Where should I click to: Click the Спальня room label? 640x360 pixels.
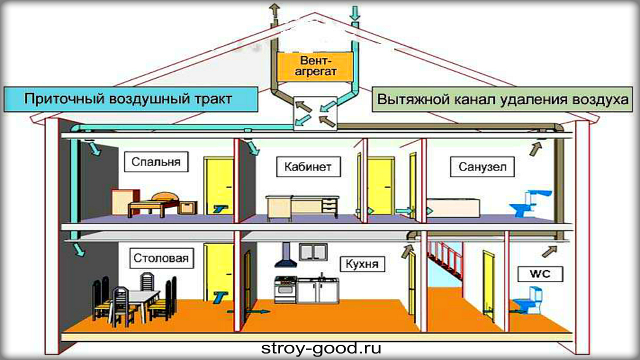coord(155,162)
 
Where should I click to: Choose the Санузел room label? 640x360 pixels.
coord(482,167)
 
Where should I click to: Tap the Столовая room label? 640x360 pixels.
coord(161,258)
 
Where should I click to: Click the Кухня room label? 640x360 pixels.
coord(362,263)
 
